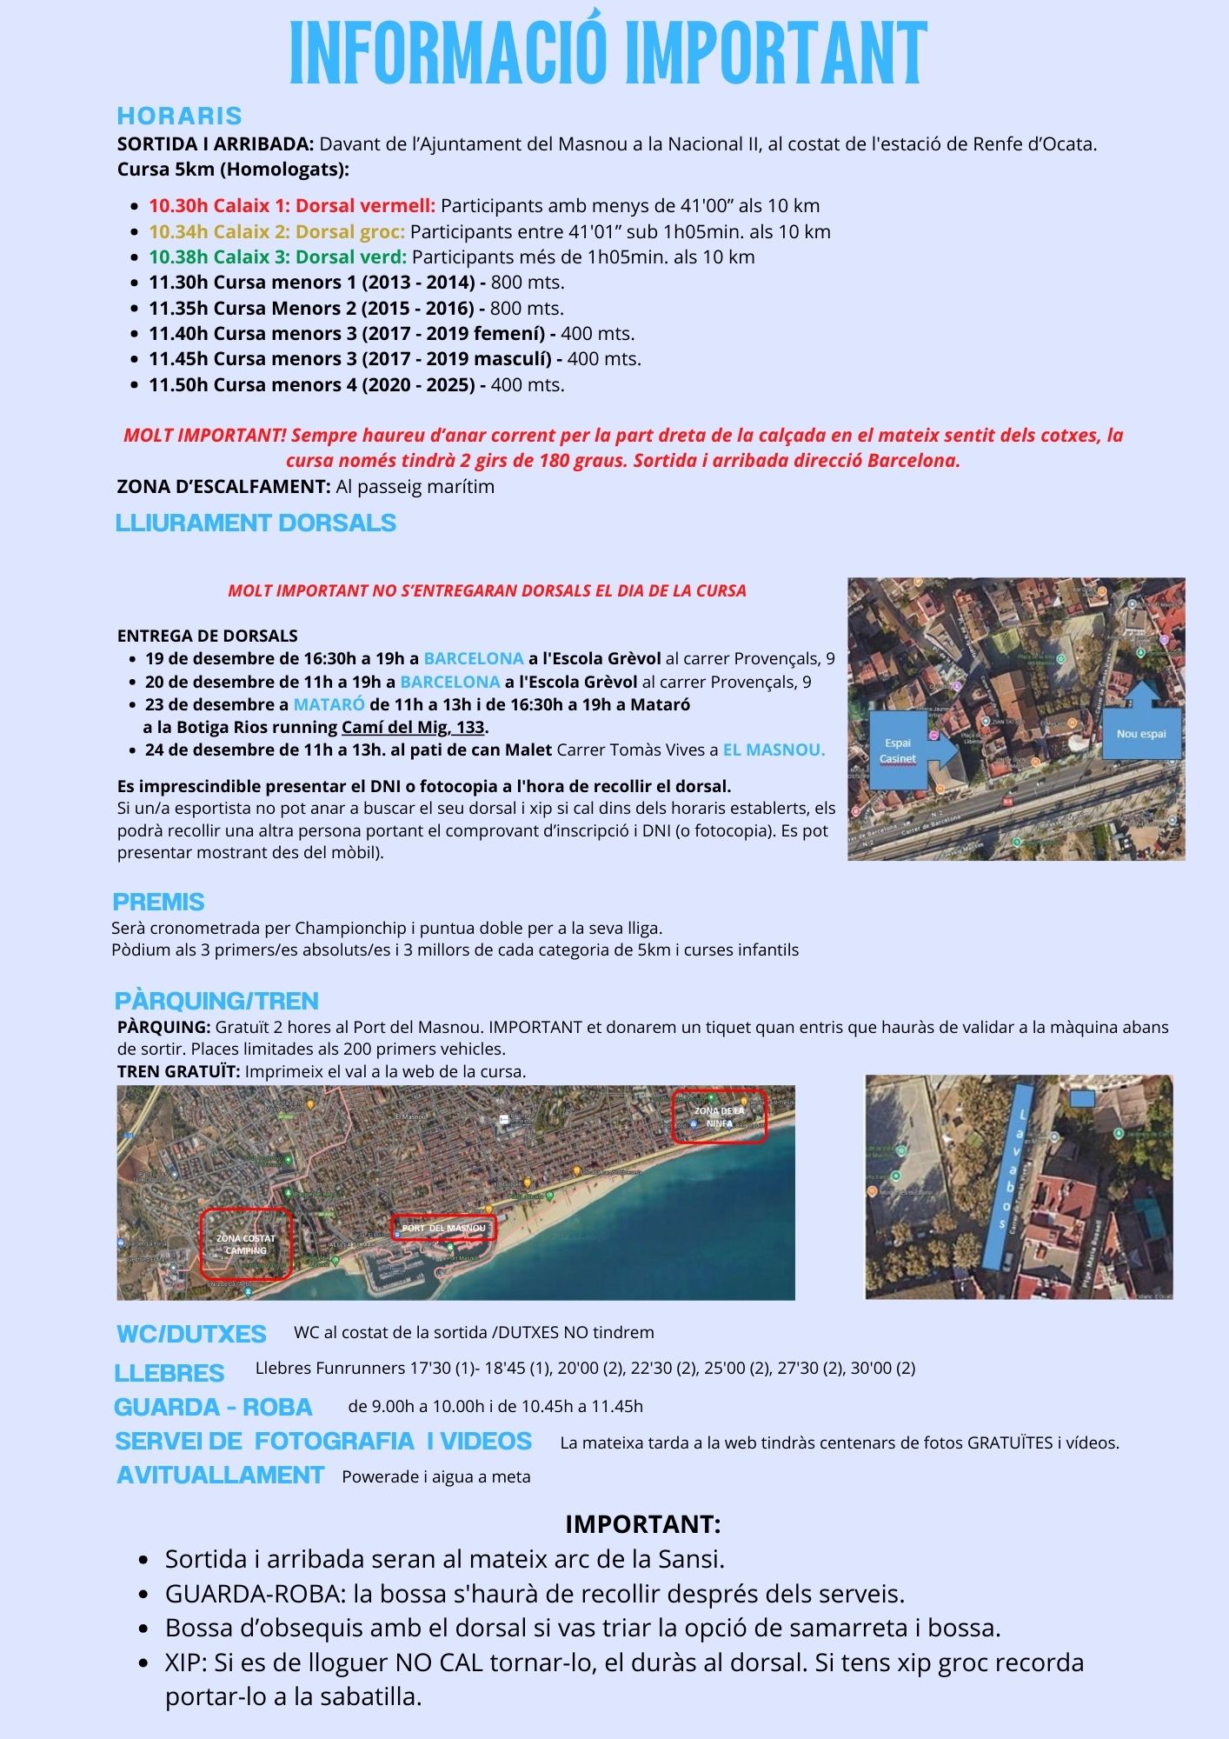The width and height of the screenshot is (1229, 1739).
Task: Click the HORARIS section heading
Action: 179,116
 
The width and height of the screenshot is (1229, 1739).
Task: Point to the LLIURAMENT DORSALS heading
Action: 256,523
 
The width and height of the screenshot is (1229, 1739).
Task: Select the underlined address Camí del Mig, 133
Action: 413,727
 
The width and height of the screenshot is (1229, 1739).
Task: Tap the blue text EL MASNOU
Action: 774,750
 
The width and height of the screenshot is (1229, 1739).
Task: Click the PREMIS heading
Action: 158,902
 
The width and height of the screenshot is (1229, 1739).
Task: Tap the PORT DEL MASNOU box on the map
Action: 443,1228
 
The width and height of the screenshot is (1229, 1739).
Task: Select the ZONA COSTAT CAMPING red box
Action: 246,1244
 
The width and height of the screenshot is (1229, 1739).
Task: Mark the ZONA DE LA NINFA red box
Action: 719,1116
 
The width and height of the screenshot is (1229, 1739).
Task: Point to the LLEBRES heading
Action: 169,1373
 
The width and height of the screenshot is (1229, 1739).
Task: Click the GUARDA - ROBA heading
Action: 213,1407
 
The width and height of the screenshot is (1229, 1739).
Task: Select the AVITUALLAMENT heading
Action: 221,1475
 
